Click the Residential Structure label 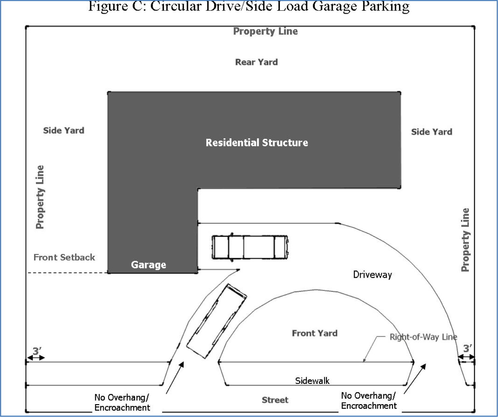click(257, 142)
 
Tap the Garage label click(148, 265)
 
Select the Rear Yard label click(256, 62)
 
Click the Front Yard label click(314, 333)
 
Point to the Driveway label click(372, 275)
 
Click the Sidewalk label click(312, 381)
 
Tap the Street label click(275, 400)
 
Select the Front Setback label click(64, 257)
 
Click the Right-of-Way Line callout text click(423, 337)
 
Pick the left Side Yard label click(64, 131)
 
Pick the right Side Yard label click(432, 132)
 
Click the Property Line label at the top click(265, 31)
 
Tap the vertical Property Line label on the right click(465, 240)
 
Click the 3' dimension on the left click(37, 350)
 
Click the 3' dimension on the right click(467, 348)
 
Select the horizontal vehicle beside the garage click(250, 247)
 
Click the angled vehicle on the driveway click(217, 321)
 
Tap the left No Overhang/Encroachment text click(122, 403)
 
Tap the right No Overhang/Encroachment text click(369, 401)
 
